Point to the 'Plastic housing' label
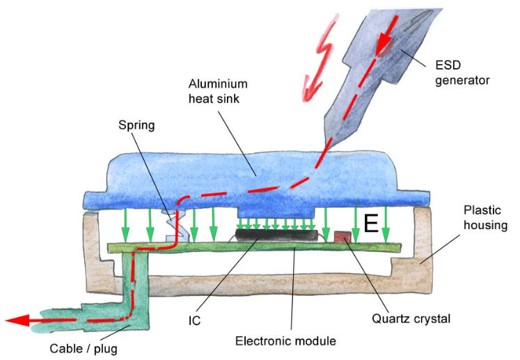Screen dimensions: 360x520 pos(485,217)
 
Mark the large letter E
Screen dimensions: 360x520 pos(371,224)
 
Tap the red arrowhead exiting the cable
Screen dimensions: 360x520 pos(19,320)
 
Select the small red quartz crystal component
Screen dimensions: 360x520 pos(342,237)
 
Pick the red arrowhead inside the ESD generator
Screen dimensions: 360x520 pos(384,46)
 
